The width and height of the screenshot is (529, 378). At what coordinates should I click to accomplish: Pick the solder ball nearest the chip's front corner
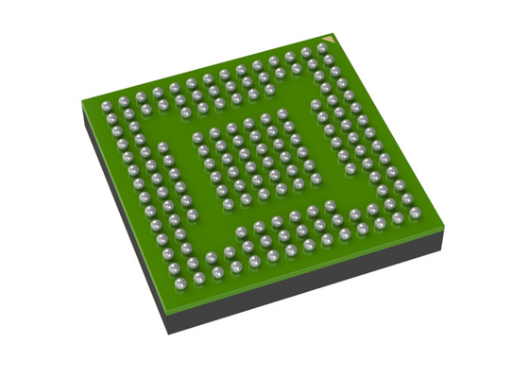coord(199,280)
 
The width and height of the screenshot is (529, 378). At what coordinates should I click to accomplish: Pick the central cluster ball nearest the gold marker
coord(281,114)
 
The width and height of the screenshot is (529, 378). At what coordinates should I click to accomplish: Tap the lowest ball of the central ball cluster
coord(246,200)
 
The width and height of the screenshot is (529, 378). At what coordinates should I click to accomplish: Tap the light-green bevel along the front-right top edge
coord(312,268)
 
